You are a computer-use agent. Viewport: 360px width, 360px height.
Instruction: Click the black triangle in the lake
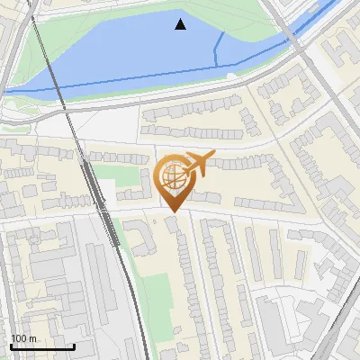[181, 24]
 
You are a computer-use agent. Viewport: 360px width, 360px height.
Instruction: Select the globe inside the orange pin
[174, 178]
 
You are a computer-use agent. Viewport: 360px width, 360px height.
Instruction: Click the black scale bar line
[42, 347]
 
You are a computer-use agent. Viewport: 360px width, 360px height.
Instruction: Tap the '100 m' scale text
[24, 338]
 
